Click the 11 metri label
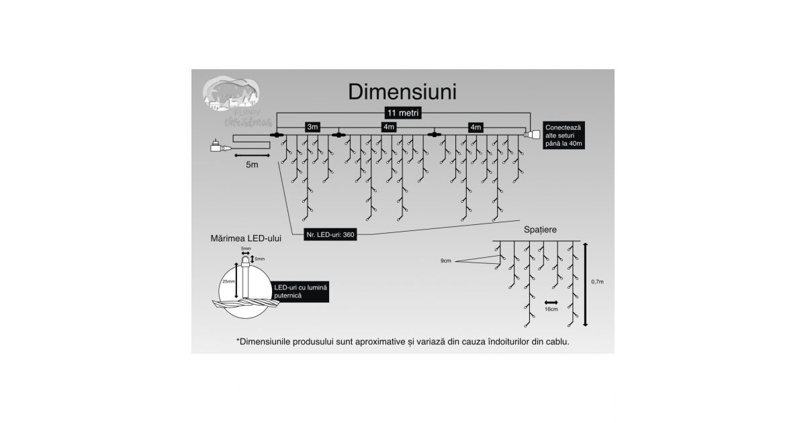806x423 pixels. [x=402, y=113]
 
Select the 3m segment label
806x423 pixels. [x=312, y=127]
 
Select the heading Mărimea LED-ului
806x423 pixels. [x=244, y=238]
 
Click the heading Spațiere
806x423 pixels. [x=539, y=230]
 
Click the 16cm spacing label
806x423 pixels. [x=551, y=310]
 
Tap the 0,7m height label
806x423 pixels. [x=596, y=283]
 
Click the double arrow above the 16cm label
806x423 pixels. [x=551, y=302]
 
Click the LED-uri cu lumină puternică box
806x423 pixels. [x=300, y=291]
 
